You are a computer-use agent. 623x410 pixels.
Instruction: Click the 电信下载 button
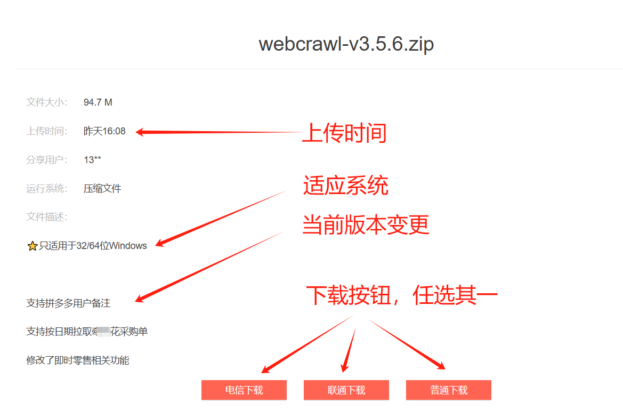tap(244, 390)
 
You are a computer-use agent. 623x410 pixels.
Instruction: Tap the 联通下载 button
tap(346, 390)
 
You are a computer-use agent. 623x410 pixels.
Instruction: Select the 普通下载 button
tap(449, 390)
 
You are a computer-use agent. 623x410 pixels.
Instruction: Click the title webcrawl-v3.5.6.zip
tap(346, 44)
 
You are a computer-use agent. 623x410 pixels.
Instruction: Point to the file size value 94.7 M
tap(98, 102)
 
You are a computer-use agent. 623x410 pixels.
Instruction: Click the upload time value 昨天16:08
tap(104, 131)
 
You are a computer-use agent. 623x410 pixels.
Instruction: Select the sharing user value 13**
tap(92, 160)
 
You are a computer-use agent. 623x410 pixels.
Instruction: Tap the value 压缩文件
tap(102, 189)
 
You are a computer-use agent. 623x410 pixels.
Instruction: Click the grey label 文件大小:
tap(47, 102)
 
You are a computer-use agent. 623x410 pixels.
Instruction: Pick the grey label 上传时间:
tap(47, 131)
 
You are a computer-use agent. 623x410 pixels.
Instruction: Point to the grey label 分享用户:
tap(47, 160)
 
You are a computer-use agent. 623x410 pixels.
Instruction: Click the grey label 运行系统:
tap(47, 189)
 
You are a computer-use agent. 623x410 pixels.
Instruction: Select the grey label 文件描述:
tap(47, 217)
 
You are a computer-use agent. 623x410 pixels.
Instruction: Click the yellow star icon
tap(33, 246)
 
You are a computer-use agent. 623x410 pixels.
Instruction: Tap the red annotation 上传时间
tap(344, 133)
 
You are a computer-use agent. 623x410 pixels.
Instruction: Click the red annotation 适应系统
tap(345, 186)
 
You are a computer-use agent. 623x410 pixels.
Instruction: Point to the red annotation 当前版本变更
tap(366, 225)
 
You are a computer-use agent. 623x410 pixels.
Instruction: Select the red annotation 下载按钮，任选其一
tap(401, 295)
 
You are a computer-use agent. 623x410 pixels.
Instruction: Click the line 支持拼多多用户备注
tap(68, 303)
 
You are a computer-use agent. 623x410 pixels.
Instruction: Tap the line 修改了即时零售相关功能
tap(78, 360)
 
